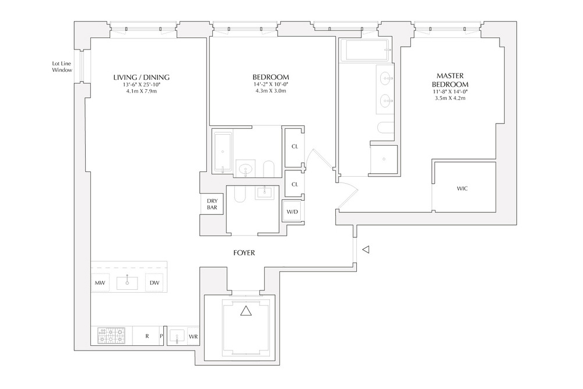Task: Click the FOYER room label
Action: [x=244, y=253]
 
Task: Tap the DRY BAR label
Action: [x=212, y=204]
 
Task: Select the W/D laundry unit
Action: [x=292, y=212]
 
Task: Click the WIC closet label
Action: [x=462, y=188]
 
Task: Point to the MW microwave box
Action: [x=100, y=283]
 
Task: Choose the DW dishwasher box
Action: [x=154, y=283]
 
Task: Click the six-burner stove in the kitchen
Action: [x=111, y=335]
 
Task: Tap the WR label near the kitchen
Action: [x=194, y=337]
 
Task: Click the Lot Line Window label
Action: [x=62, y=67]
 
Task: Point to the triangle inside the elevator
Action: [x=246, y=310]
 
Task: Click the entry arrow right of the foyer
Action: [x=366, y=250]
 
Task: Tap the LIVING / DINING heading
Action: [x=141, y=78]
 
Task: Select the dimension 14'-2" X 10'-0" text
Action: [x=271, y=85]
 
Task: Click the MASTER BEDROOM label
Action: [x=450, y=80]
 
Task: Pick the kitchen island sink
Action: [x=127, y=283]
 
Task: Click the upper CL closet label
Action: [x=294, y=146]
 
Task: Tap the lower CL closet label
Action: [x=294, y=184]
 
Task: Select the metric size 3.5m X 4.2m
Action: [x=450, y=98]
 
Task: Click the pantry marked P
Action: [x=161, y=336]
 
